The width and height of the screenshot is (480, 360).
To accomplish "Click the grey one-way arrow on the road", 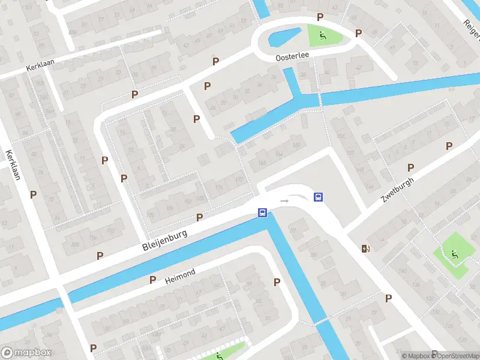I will [x=284, y=200].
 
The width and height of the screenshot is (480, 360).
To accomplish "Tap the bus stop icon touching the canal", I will [x=262, y=212].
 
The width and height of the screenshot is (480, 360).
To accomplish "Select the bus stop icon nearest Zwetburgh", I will [x=318, y=197].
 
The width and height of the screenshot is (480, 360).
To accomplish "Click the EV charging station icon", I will [x=365, y=248].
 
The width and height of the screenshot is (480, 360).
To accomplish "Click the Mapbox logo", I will [x=26, y=353].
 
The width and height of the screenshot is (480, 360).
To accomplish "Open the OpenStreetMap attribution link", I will [x=456, y=356].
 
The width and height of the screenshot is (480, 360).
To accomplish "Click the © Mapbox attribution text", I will [x=416, y=356].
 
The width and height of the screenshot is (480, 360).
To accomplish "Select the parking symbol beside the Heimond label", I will [x=153, y=280].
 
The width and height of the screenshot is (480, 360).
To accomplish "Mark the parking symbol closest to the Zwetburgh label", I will [x=411, y=167].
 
